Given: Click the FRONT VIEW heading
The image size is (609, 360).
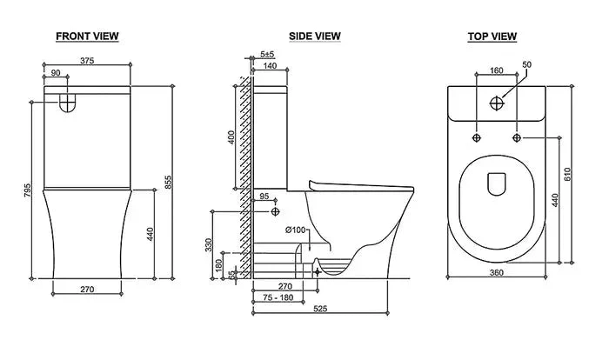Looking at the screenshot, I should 87,37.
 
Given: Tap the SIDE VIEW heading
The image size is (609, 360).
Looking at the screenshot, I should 314,37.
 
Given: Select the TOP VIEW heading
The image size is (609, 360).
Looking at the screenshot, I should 492,37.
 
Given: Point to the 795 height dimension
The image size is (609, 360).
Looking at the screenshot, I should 28,189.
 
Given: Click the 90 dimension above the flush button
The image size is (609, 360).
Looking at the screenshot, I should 56,75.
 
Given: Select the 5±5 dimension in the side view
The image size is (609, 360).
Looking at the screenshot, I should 268,55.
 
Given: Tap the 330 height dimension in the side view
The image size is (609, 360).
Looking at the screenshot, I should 209,246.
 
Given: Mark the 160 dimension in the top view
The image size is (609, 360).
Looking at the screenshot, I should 496,70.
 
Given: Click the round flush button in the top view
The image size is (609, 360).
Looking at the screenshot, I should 496,103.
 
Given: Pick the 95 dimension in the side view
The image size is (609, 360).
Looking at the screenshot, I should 264,197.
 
